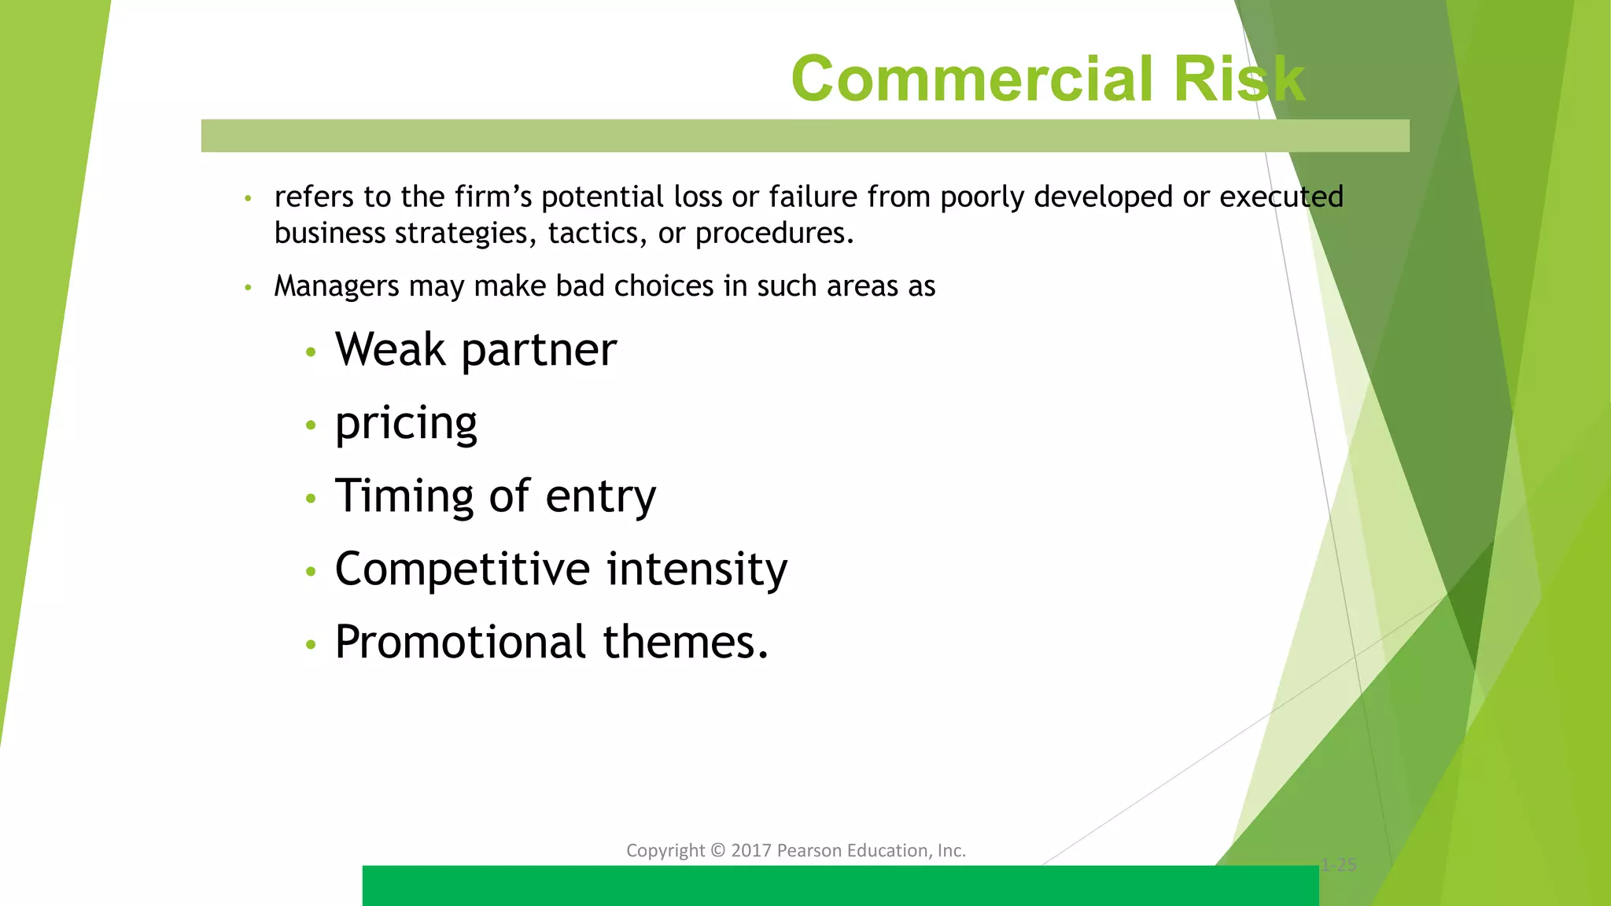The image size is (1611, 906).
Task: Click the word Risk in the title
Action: point(1239,79)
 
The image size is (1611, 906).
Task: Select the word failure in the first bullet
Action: point(813,197)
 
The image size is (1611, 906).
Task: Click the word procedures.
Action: point(774,234)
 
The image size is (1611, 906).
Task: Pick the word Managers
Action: point(337,286)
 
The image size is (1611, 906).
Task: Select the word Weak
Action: point(390,349)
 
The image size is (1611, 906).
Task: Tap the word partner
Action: point(539,351)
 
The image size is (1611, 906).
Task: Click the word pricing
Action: point(406,424)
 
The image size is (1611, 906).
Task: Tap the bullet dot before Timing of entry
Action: point(311,499)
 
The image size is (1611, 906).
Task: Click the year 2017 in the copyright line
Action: point(751,850)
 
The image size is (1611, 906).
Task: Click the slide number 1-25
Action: point(1339,865)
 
